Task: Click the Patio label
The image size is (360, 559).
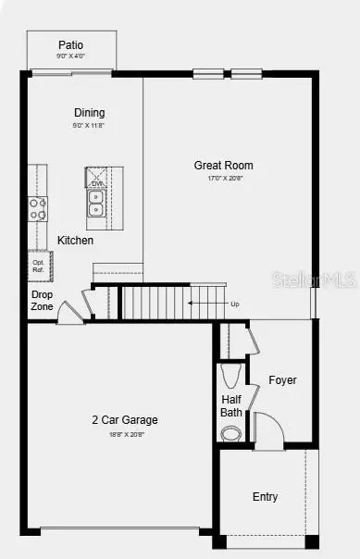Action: (x=71, y=44)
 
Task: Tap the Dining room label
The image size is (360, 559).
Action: (x=90, y=113)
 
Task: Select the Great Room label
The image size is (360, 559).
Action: (x=223, y=166)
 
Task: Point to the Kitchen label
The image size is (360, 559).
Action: (x=76, y=241)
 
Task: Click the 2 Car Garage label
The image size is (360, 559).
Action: (x=124, y=419)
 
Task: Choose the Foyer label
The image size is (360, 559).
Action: (x=283, y=380)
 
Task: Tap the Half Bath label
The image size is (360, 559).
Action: (x=231, y=406)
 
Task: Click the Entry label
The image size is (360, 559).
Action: (x=265, y=497)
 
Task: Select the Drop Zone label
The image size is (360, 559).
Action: (x=42, y=301)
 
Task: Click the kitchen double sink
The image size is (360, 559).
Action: (x=96, y=203)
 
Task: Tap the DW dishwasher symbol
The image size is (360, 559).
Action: (x=96, y=183)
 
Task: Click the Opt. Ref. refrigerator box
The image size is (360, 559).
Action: (x=38, y=265)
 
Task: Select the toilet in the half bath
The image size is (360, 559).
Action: (x=231, y=376)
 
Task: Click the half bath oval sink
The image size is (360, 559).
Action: (x=230, y=432)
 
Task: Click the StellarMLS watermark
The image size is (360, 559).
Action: (x=326, y=279)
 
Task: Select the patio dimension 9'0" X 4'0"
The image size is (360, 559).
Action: (x=71, y=56)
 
